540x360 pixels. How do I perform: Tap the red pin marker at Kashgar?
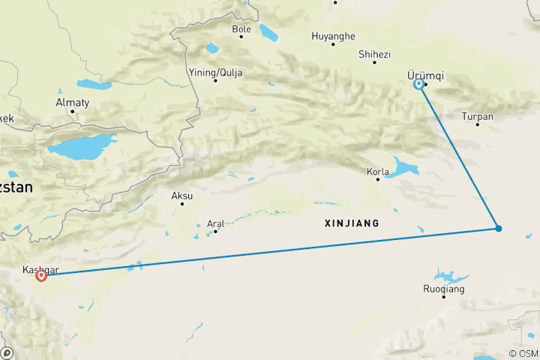click(41, 275)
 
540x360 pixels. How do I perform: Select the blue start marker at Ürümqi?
click(418, 84)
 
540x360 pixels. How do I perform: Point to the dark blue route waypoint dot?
click(498, 228)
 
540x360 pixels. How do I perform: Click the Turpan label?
click(478, 116)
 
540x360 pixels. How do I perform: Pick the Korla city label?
click(377, 172)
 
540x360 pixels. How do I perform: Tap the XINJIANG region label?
click(352, 223)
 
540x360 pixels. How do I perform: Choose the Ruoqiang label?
click(444, 289)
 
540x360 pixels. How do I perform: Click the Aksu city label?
click(182, 195)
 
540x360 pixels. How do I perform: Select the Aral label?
click(215, 223)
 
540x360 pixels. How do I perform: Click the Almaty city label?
click(73, 103)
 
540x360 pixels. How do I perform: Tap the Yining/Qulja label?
click(215, 73)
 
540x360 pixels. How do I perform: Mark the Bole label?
click(241, 30)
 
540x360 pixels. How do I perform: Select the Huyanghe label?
click(334, 35)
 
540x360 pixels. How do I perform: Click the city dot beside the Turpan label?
click(477, 124)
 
